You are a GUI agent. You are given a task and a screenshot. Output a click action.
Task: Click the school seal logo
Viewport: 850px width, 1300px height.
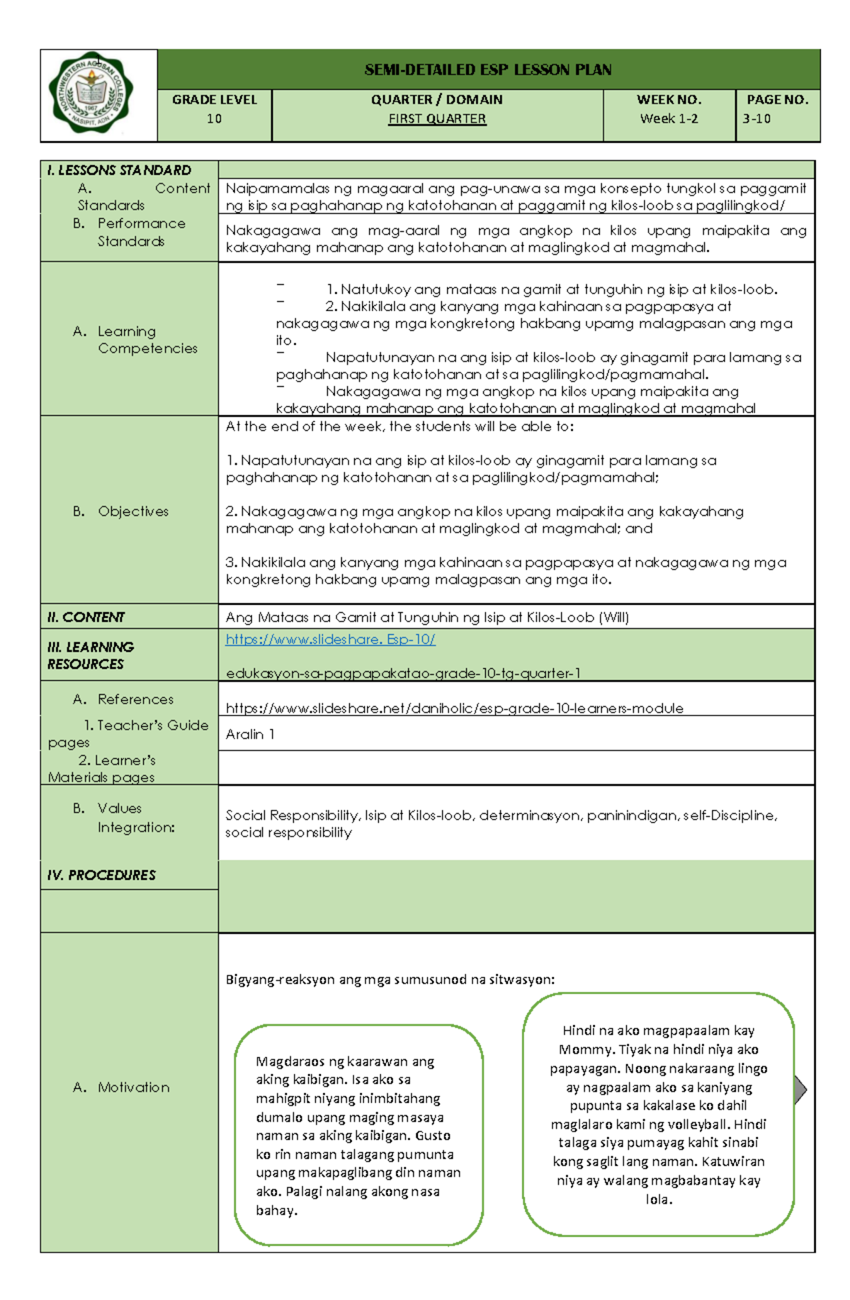tap(90, 93)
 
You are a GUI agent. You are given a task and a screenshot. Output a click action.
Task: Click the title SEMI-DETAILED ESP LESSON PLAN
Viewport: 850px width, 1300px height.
tap(487, 69)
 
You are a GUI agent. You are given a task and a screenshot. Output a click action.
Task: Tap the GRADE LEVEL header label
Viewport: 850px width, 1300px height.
tap(214, 100)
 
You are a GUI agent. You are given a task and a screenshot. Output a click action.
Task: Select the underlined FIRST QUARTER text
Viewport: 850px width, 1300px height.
tap(437, 119)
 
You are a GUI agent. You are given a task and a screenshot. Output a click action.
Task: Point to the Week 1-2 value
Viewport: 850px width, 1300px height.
tap(669, 119)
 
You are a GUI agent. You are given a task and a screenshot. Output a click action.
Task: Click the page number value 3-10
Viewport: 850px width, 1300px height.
tap(756, 119)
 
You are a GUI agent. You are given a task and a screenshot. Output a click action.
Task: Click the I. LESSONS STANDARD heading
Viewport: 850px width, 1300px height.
tap(119, 170)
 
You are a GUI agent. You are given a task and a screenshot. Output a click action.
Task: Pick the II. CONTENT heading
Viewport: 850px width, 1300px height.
tap(86, 617)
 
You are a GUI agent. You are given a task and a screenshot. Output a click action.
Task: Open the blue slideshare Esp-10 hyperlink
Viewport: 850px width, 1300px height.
tap(330, 640)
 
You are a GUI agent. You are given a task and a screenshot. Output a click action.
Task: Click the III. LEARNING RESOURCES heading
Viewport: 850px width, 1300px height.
tap(90, 655)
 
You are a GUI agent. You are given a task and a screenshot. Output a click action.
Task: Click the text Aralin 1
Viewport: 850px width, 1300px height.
tap(249, 735)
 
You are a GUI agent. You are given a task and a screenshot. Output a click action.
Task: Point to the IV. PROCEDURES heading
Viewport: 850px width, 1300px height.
tap(101, 876)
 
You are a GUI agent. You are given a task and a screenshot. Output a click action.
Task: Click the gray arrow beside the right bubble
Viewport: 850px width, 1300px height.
tap(800, 1090)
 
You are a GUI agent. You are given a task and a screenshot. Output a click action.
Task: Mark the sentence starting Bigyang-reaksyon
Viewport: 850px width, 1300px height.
tap(390, 980)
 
